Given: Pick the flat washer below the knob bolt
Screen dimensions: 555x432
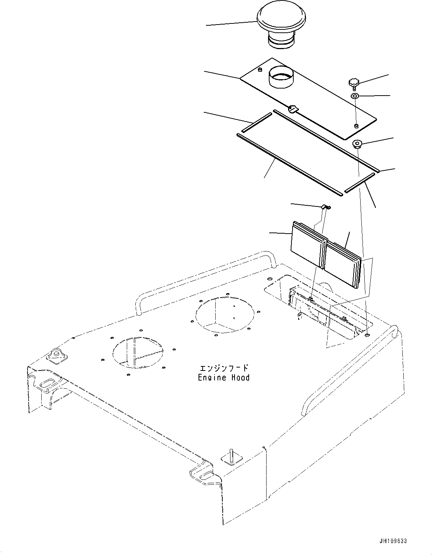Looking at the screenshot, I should (355, 96).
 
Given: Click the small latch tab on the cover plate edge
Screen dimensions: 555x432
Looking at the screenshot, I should (293, 109).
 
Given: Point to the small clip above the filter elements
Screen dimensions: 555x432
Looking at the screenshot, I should (325, 207).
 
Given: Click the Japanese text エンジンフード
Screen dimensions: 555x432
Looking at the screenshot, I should (223, 368).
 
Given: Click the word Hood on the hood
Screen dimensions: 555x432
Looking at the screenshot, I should (240, 378).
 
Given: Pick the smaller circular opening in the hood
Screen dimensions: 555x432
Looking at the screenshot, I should (139, 352).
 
